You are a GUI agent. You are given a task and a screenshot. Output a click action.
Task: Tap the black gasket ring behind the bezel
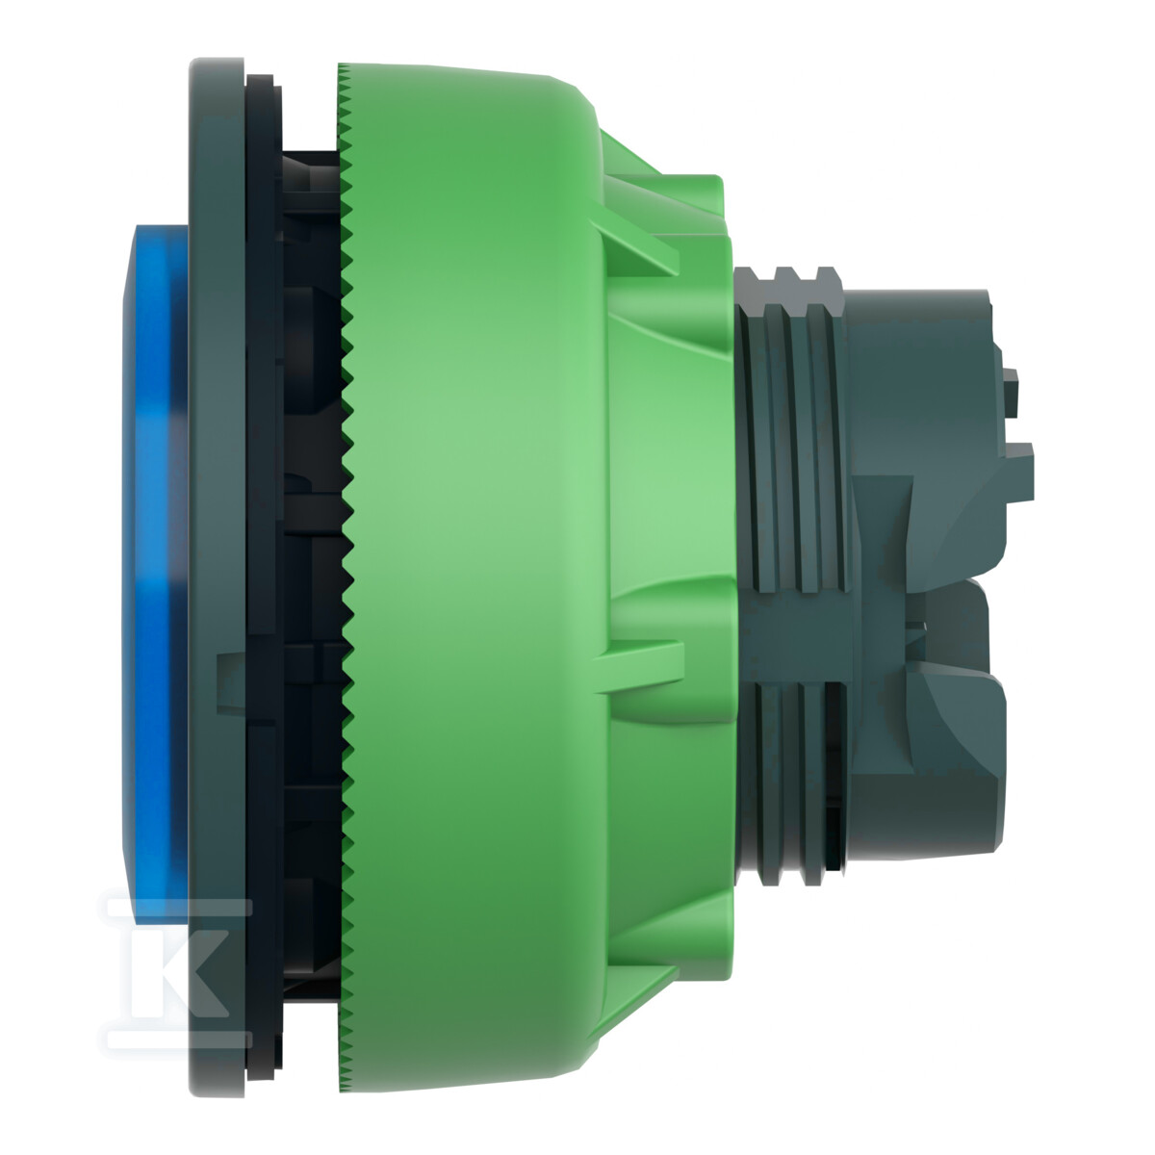pos(263,576)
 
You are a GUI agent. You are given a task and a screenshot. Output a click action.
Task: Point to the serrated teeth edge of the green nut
pos(346,576)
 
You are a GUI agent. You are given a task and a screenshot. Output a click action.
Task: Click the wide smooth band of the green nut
pos(474,576)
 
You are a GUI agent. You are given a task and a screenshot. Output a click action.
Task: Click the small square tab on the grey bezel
pos(230,684)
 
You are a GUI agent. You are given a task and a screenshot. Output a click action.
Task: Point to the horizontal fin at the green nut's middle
pos(639,666)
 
